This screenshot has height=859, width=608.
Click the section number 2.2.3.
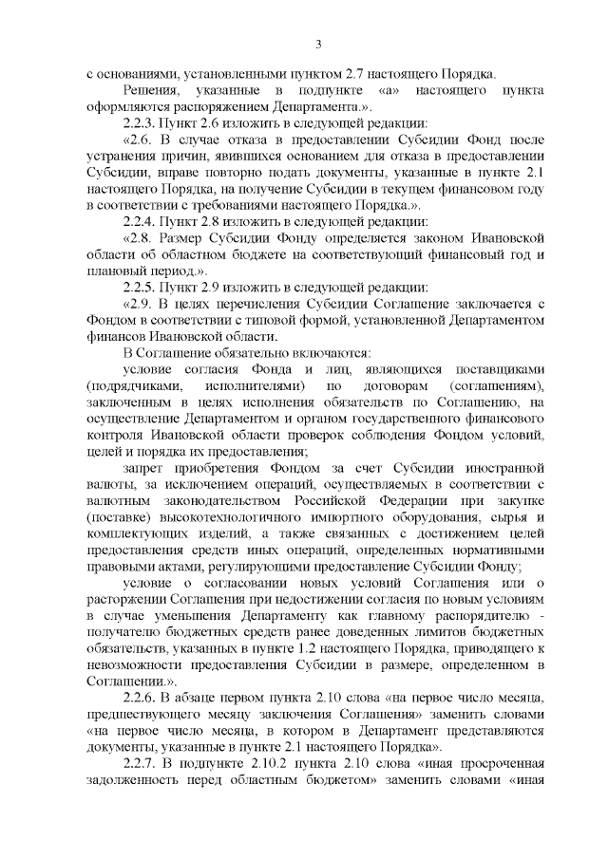(x=142, y=123)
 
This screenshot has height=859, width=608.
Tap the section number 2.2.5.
(x=142, y=288)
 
